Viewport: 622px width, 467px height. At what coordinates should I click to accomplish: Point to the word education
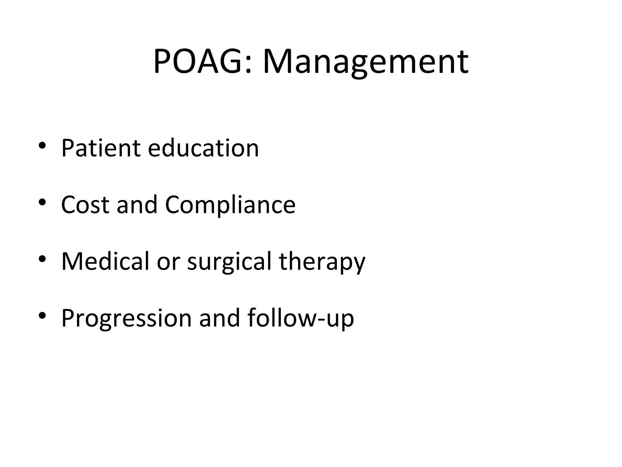tap(203, 148)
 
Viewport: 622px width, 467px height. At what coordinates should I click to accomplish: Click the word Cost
tap(85, 205)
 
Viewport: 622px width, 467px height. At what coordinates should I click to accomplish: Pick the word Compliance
tap(230, 205)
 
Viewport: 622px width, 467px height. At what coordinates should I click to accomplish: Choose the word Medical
tap(105, 261)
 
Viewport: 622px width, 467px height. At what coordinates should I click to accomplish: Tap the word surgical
tap(229, 261)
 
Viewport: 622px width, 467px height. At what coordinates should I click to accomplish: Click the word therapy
tap(322, 261)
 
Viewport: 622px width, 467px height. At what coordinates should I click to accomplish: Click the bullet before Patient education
tap(42, 145)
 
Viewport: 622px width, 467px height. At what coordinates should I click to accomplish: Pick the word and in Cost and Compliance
tap(137, 205)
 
